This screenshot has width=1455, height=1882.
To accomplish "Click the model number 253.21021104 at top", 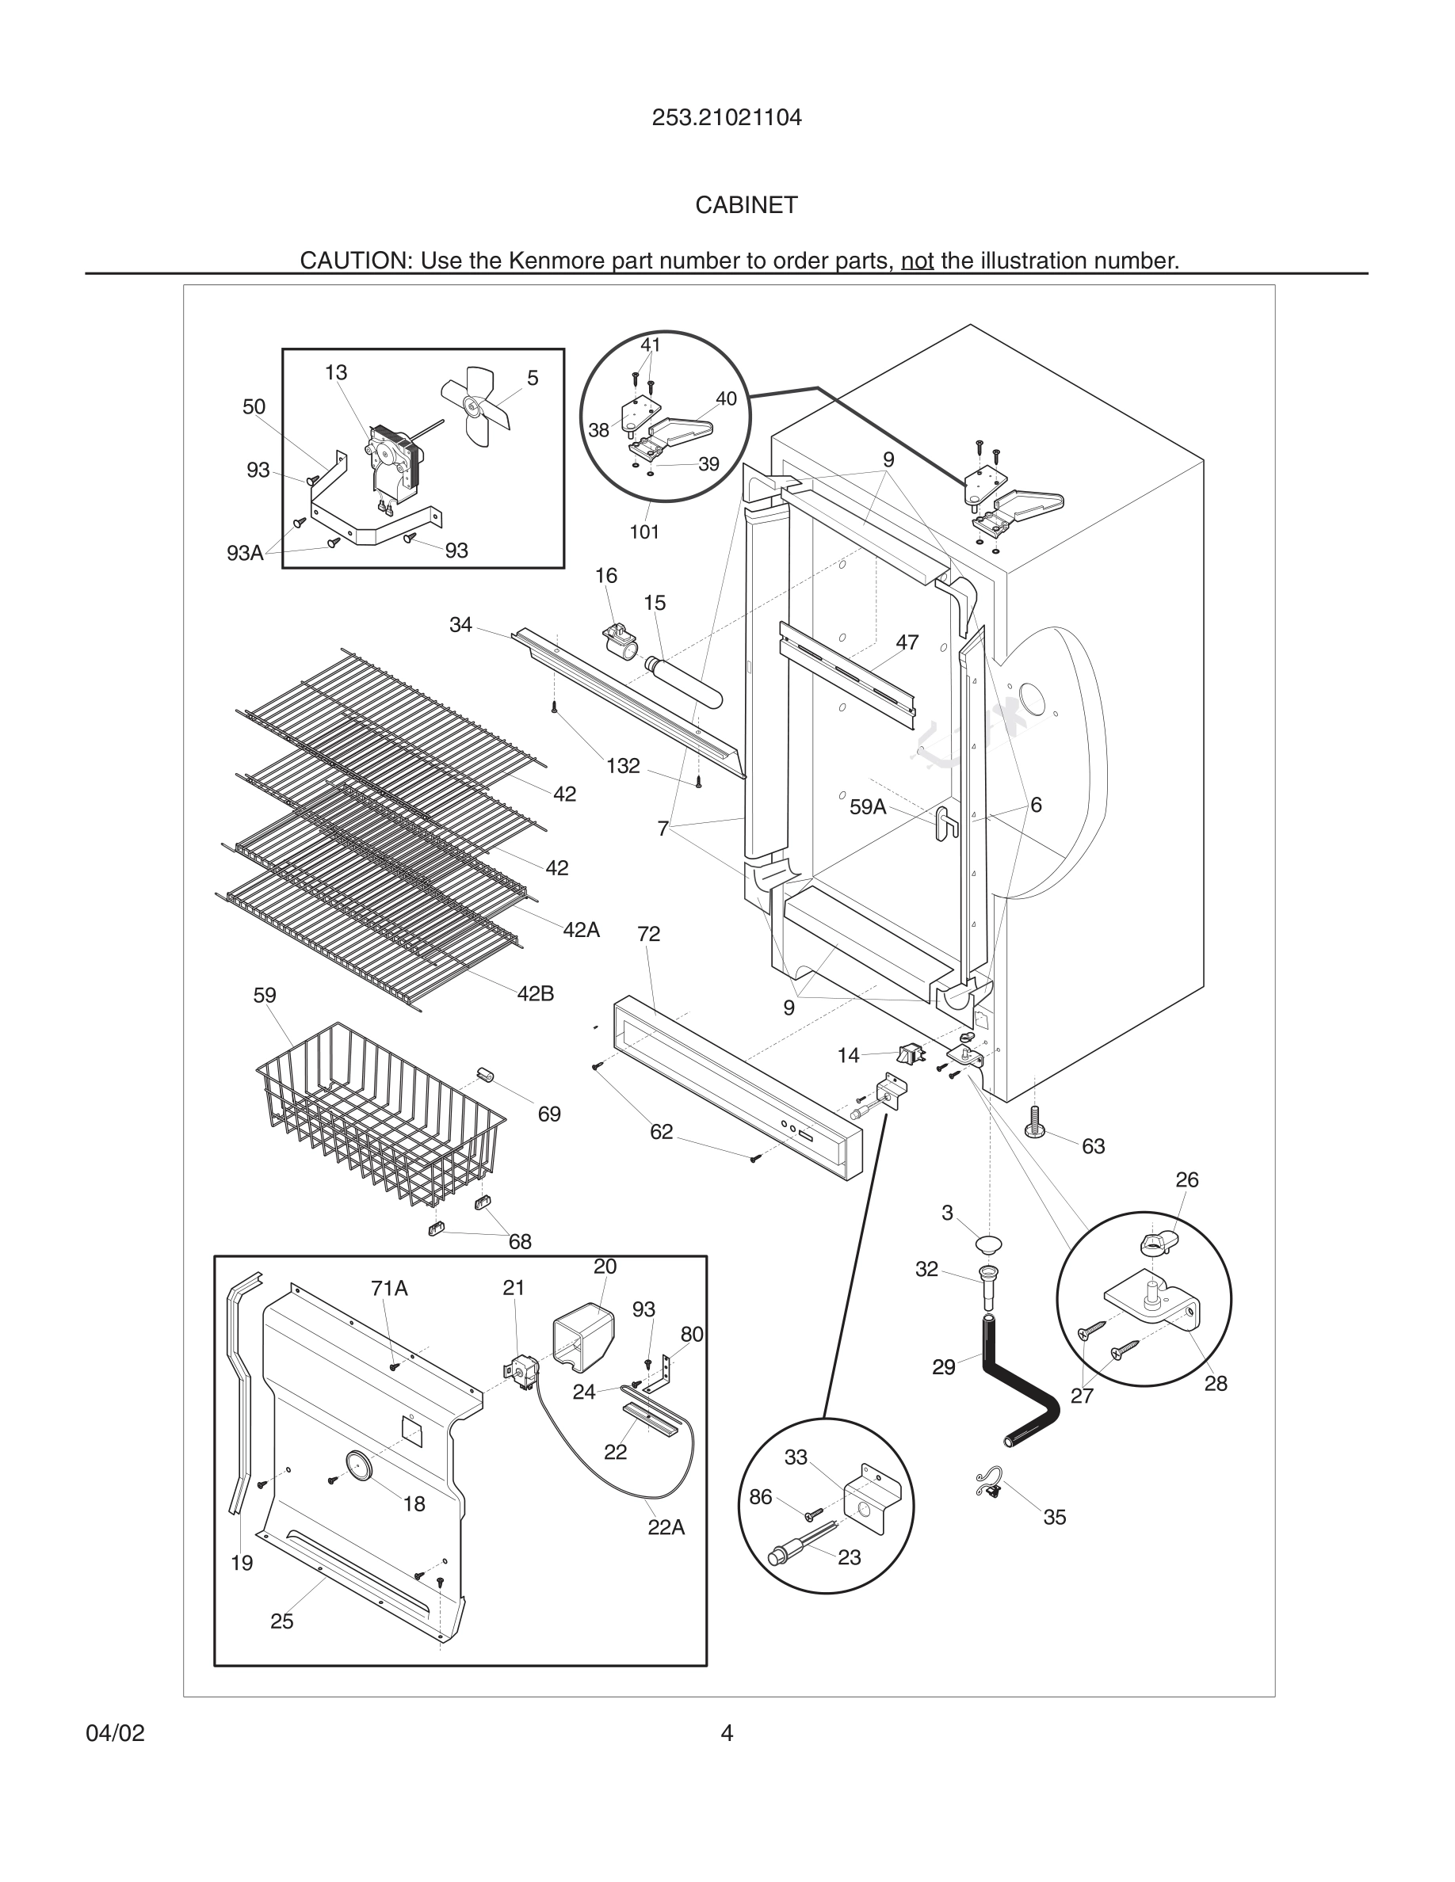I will pos(727,118).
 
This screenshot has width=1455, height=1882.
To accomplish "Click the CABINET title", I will pos(747,205).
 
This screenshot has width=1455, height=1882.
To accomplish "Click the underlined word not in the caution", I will pos(917,261).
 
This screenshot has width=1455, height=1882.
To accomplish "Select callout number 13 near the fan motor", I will pos(335,372).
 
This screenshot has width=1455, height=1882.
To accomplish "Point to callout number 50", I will pos(254,406).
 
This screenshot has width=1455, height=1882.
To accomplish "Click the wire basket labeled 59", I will pos(380,1120).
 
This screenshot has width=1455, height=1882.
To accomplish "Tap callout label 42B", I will pos(535,993).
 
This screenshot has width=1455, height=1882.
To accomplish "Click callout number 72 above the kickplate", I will pos(648,933).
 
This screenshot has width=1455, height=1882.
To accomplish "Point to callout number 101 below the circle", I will pos(643,531).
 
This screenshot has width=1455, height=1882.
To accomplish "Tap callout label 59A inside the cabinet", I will pos(867,806).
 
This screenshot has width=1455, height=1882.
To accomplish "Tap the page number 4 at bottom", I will pos(727,1733).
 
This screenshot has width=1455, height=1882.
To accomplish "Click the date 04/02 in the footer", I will pos(116,1733).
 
